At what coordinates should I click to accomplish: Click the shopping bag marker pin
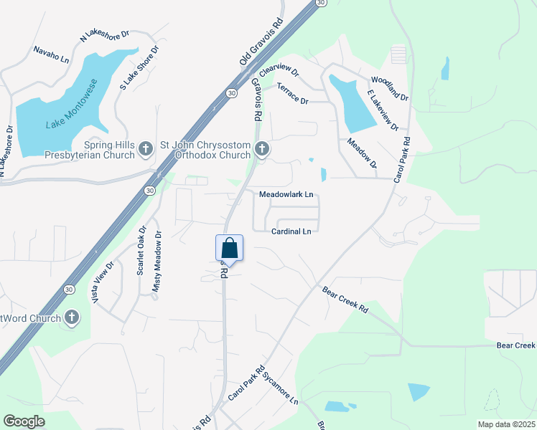[230, 248]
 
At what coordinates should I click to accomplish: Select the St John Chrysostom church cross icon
[262, 149]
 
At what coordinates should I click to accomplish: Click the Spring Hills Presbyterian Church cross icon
[146, 149]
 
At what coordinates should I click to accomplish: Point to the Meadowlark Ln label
[286, 194]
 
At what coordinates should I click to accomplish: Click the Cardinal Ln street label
[291, 231]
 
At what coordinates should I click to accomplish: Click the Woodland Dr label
[389, 89]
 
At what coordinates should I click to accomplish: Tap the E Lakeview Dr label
[383, 111]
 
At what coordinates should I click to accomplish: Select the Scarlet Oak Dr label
[141, 251]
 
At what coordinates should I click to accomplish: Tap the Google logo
[24, 421]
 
